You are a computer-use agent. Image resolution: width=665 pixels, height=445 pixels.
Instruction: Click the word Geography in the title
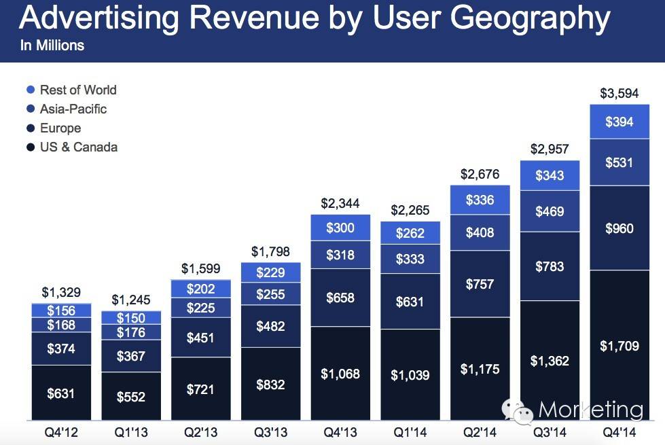530,19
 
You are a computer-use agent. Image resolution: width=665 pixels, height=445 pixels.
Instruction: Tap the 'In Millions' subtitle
52,46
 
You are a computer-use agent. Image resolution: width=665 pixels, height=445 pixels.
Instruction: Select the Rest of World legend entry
71,90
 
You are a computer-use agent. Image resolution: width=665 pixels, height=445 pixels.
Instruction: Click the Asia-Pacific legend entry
67,109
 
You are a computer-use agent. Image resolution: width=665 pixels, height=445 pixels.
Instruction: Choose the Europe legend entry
54,128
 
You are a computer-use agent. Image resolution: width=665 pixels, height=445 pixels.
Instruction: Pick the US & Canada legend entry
72,147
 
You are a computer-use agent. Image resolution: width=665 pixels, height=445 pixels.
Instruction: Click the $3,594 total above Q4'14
619,93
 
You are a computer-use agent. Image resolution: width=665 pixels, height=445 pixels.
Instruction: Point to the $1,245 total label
131,300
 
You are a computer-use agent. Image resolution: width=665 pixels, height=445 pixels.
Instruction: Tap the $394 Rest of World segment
619,122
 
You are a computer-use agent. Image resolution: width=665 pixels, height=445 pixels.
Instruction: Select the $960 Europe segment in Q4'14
619,228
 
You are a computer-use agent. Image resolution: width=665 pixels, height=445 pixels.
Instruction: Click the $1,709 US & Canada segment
619,345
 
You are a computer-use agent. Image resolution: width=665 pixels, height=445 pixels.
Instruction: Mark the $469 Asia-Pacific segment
550,211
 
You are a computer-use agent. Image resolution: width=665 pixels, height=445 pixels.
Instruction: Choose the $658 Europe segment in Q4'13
340,298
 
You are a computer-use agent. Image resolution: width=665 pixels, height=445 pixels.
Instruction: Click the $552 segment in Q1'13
131,396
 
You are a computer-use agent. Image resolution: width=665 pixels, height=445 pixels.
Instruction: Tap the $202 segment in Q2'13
201,289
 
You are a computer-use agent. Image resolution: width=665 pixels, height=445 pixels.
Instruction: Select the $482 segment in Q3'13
271,326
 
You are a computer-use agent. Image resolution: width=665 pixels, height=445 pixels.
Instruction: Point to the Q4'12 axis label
61,433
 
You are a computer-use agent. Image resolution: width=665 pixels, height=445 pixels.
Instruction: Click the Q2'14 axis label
480,433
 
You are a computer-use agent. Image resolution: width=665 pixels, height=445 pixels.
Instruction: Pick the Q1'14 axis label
410,433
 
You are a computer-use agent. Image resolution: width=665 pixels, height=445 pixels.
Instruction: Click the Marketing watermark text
591,410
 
